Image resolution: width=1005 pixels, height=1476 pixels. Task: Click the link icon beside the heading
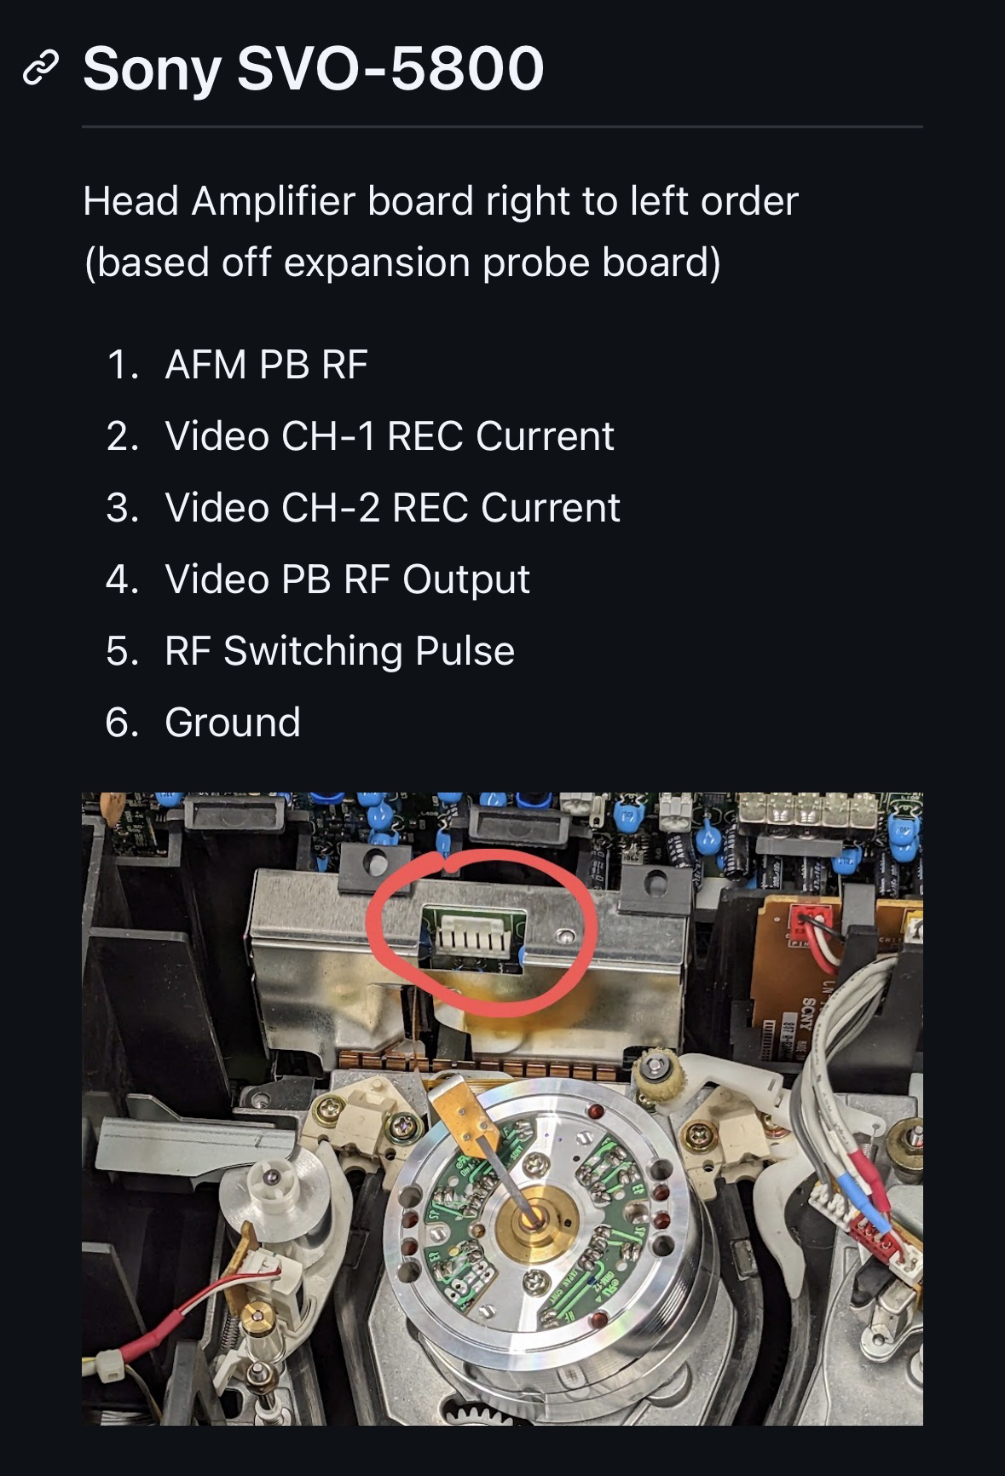[x=40, y=68]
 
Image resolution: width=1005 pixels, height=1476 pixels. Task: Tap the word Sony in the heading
[x=153, y=70]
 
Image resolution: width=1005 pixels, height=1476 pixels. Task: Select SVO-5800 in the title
[x=390, y=68]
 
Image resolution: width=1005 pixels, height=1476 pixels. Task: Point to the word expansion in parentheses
[x=377, y=263]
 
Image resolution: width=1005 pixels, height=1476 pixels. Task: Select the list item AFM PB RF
[x=266, y=365]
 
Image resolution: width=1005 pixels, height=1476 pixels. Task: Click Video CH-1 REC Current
[x=390, y=436]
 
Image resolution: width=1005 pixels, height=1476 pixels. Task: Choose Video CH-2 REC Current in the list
[x=392, y=508]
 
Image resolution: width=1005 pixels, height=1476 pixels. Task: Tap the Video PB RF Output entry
[x=348, y=579]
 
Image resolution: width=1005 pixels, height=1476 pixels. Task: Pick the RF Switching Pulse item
[x=340, y=651]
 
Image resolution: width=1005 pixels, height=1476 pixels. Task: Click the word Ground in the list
[x=233, y=723]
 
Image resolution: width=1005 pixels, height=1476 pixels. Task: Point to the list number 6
[x=122, y=723]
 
